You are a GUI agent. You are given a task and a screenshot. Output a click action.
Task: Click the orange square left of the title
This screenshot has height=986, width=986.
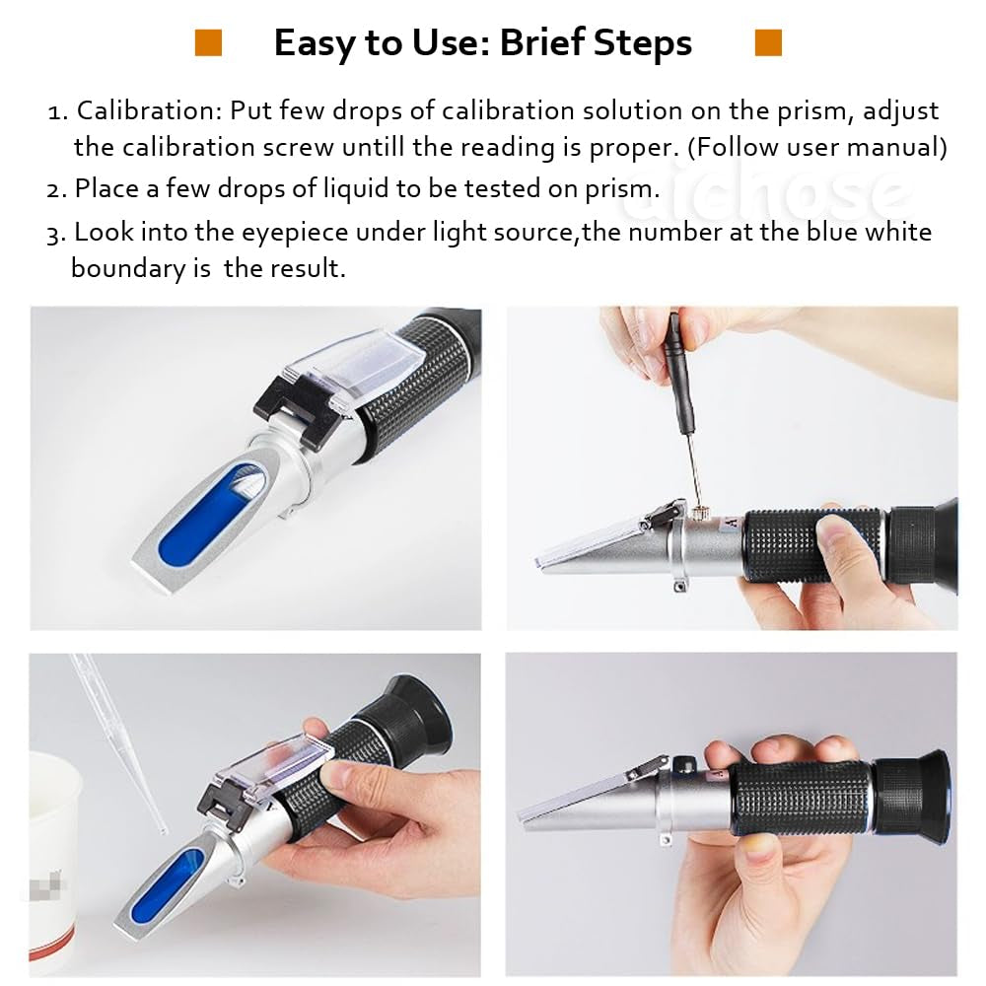coord(208,42)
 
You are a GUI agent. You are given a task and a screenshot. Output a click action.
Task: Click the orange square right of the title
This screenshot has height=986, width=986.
coord(768,42)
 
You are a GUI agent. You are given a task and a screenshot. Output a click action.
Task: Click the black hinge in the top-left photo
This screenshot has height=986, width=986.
coord(296,409)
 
